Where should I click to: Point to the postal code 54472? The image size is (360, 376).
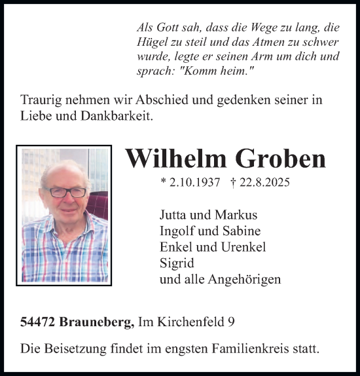(38, 322)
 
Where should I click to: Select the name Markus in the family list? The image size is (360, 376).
(236, 216)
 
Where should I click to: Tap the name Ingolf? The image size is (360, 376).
(176, 231)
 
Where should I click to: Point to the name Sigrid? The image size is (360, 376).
(175, 264)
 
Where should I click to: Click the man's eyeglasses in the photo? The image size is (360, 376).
(67, 192)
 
